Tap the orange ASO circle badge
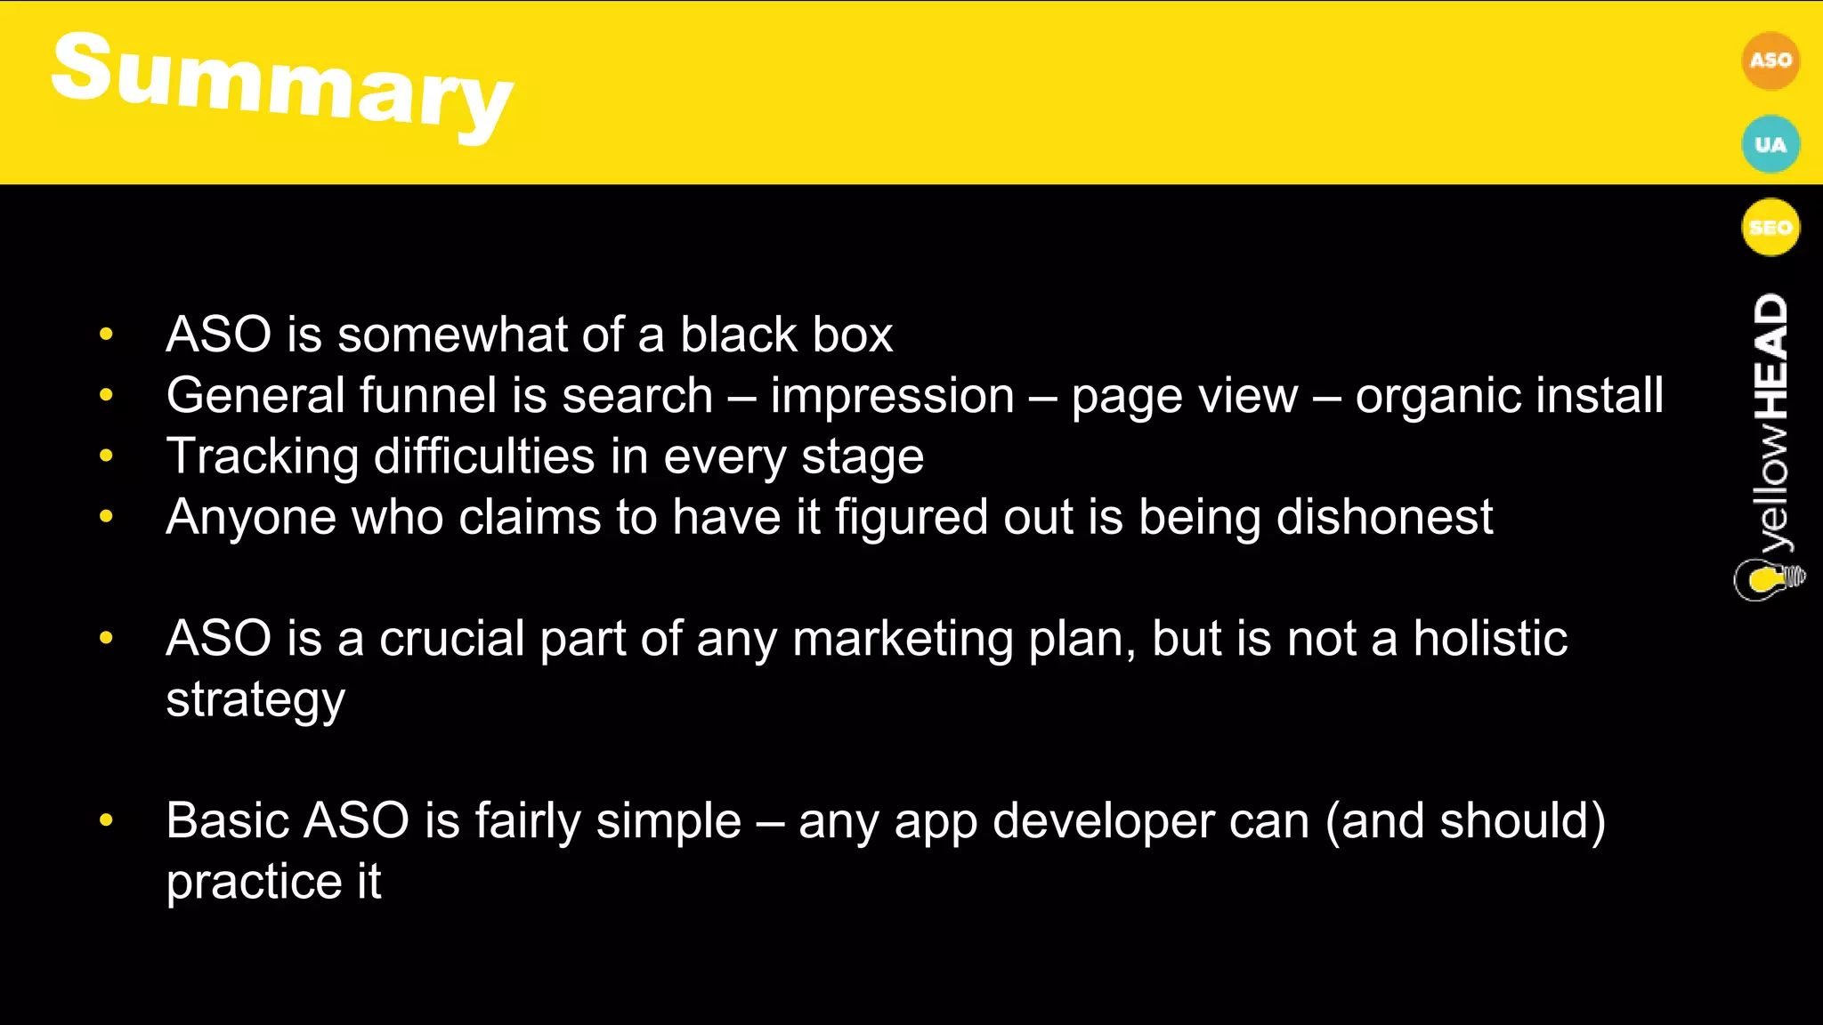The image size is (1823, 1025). (x=1770, y=61)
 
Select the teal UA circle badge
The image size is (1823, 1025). (x=1770, y=144)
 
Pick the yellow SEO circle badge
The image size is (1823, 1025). (x=1770, y=227)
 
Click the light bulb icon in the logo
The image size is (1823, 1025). (x=1768, y=579)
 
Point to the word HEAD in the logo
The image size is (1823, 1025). (x=1770, y=356)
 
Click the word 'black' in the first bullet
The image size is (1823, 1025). (x=725, y=335)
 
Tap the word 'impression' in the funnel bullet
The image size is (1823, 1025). (x=892, y=396)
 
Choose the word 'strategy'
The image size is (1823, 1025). (x=255, y=701)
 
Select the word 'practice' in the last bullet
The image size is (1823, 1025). (x=254, y=884)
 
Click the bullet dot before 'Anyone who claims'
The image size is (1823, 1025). (x=107, y=516)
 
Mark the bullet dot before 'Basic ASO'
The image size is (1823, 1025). (x=107, y=819)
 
